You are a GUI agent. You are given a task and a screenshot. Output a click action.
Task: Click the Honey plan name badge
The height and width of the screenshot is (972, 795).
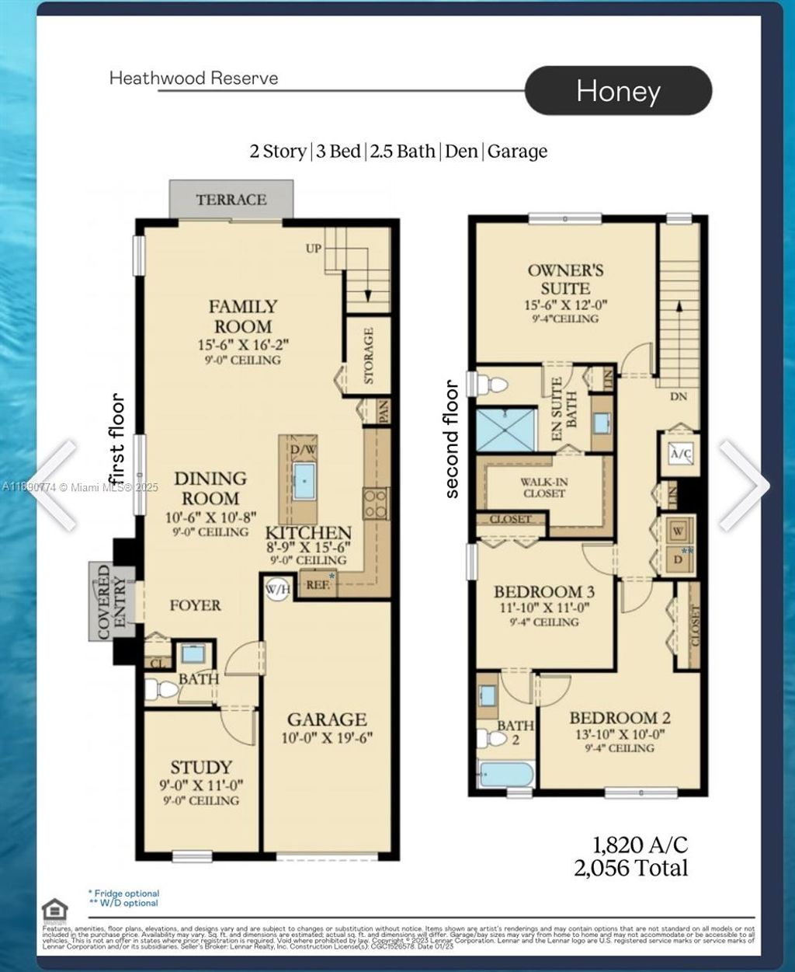[x=618, y=91]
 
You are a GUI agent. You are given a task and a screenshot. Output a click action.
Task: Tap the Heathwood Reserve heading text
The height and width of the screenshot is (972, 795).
[x=193, y=78]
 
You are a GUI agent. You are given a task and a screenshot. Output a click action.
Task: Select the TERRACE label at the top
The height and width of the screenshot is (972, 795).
[x=231, y=200]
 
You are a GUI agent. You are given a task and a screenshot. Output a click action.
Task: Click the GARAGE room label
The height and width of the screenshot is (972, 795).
[x=327, y=719]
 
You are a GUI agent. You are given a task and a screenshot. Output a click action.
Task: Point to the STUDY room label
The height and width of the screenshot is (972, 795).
[x=201, y=768]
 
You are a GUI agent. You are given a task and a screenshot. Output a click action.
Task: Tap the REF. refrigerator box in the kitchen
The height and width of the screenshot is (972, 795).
[x=317, y=584]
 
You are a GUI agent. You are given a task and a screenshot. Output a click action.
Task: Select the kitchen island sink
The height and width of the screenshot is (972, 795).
[x=305, y=481]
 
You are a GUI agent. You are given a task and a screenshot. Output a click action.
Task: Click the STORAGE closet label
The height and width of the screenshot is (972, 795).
[x=368, y=355]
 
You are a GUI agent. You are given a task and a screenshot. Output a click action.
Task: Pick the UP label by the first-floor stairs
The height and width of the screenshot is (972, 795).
[x=314, y=249]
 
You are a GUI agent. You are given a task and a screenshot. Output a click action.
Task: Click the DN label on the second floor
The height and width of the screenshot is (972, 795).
[x=678, y=395]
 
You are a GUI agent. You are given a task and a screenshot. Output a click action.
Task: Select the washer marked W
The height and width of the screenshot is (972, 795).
[x=678, y=531]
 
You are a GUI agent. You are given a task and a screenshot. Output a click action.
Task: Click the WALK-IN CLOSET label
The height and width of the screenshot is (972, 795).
[x=543, y=487]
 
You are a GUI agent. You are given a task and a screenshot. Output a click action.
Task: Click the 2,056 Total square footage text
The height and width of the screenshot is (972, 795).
[x=630, y=868]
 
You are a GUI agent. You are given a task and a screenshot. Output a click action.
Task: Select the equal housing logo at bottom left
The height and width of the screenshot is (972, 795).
[x=54, y=910]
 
